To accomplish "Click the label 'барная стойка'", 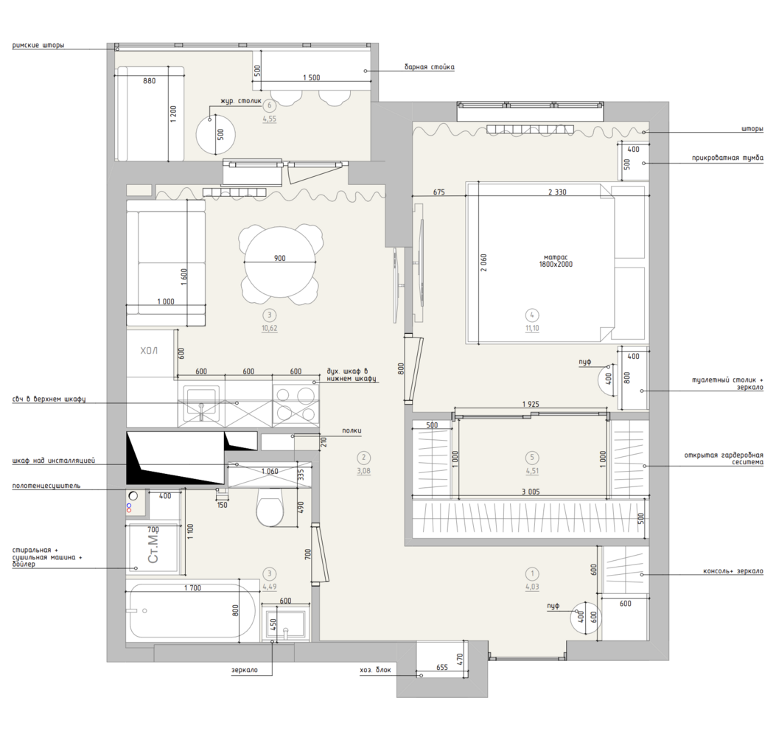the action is tap(429, 67).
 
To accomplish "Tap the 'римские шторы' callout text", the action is tap(38, 45).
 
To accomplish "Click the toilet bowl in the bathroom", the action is tap(270, 508).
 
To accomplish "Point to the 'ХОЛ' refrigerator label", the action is tap(149, 351).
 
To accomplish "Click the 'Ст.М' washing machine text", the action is tap(154, 548).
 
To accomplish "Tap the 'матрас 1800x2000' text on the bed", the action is tap(556, 261).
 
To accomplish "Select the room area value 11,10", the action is tap(532, 328).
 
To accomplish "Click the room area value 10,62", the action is tap(270, 328).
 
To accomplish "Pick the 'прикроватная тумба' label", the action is tap(727, 158).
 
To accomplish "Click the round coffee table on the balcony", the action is tap(216, 134).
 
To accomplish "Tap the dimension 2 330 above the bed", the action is tap(557, 192).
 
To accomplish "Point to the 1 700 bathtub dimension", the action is tap(192, 588).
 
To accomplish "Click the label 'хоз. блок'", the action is tap(376, 670).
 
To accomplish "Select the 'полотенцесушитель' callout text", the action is tap(46, 486).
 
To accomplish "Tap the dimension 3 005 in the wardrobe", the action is tap(531, 492).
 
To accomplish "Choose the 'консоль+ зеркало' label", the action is tap(733, 571).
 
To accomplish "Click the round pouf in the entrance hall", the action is tap(584, 618).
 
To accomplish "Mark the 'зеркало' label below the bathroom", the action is tap(245, 670).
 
